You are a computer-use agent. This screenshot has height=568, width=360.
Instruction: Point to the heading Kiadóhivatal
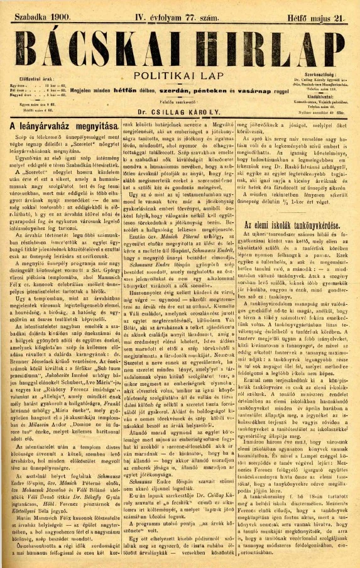(x=320, y=96)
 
